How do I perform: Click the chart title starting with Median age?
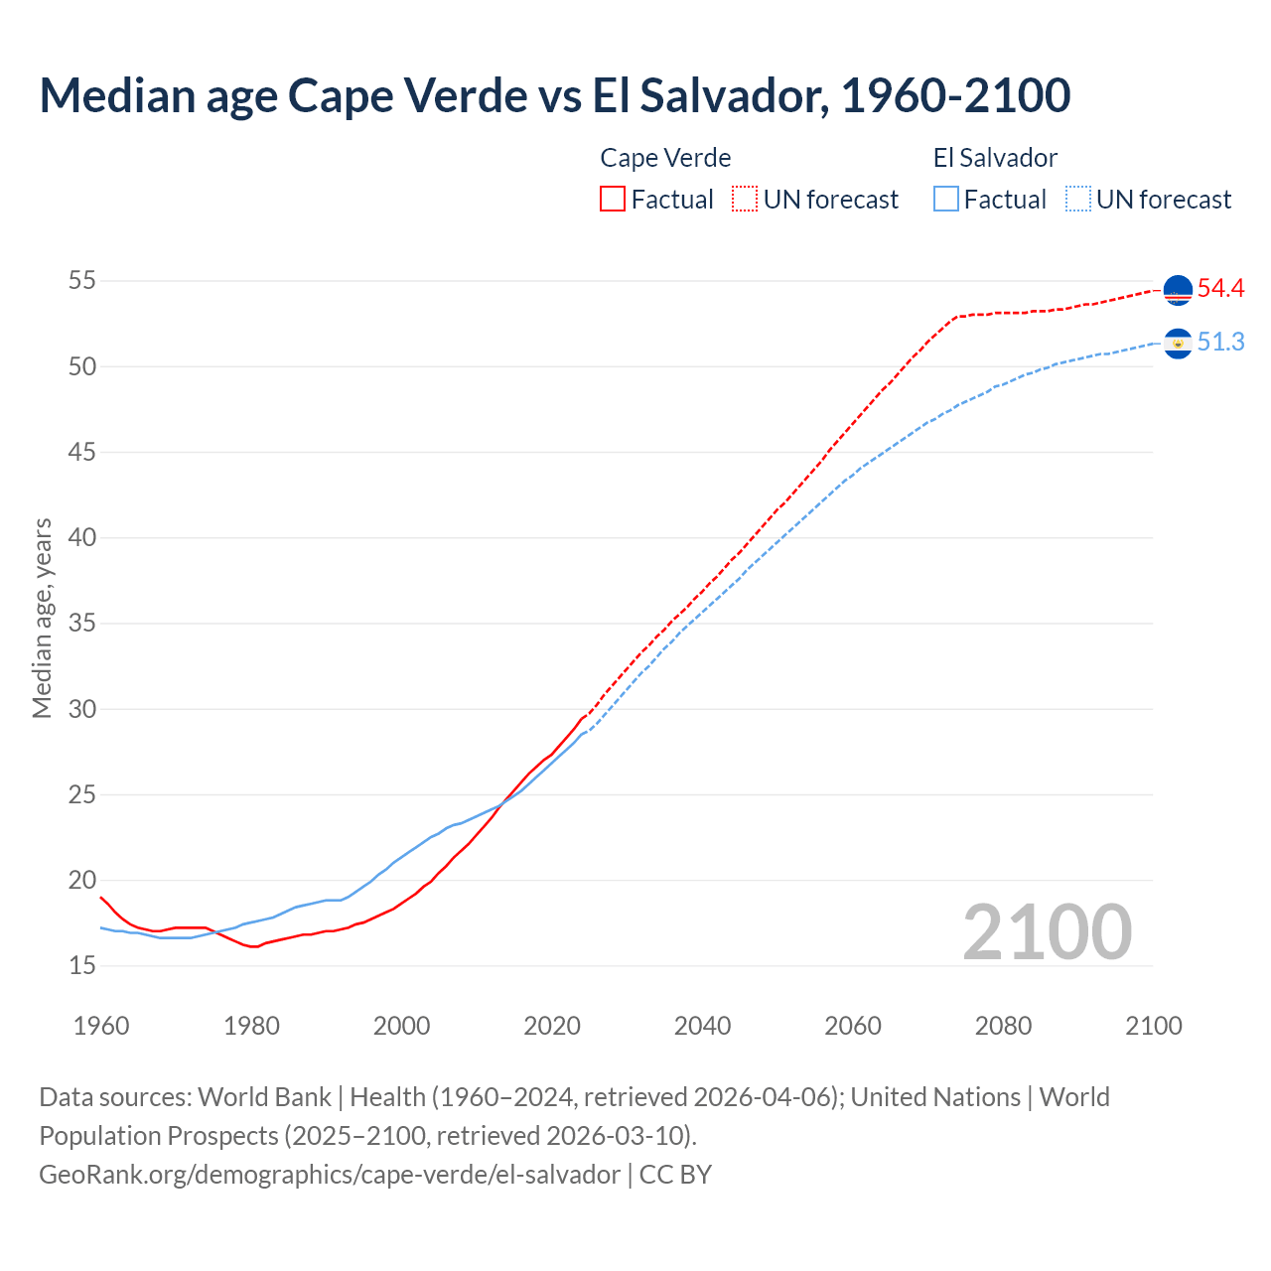tap(554, 95)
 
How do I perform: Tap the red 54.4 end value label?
tap(1220, 289)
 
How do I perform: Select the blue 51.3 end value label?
tap(1220, 343)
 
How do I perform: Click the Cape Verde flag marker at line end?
tap(1178, 290)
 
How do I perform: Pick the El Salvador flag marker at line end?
tap(1178, 344)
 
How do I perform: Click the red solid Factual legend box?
tap(613, 200)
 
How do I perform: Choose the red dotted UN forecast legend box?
tap(745, 200)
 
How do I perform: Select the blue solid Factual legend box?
tap(946, 200)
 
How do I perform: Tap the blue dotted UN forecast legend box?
tap(1078, 200)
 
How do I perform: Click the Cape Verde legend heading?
tap(665, 158)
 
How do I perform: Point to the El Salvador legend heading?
tap(995, 158)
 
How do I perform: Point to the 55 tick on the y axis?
tap(82, 281)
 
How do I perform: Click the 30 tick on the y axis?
tap(82, 709)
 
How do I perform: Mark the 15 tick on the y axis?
tap(82, 965)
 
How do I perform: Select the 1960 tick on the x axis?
tap(101, 1026)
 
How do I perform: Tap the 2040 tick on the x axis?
tap(702, 1026)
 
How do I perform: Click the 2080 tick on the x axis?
tap(1003, 1026)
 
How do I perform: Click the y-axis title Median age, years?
tap(42, 618)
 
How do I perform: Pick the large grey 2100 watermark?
tap(1047, 932)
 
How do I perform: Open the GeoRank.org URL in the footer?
tap(330, 1175)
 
